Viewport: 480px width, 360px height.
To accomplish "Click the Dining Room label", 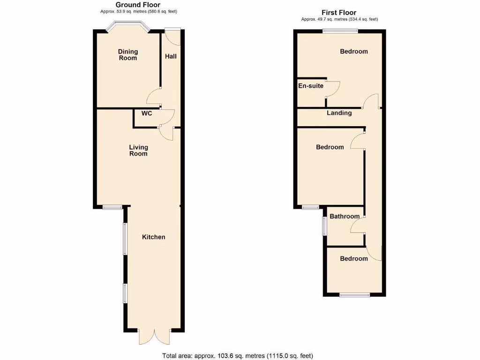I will coord(127,55).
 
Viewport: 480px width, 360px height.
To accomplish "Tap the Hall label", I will coord(171,56).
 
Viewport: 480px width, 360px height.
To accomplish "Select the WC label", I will coord(147,113).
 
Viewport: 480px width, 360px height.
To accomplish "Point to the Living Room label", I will coord(138,150).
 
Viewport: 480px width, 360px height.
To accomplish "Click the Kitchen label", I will coord(154,237).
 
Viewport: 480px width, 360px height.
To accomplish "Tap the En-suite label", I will coord(311,86).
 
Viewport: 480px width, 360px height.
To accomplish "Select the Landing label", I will coord(339,113).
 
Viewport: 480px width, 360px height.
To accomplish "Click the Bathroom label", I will coord(345,217).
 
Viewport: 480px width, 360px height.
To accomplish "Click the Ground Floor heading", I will coord(138,5).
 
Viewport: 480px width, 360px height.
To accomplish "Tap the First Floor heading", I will coord(339,13).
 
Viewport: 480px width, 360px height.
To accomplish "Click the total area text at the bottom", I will coord(237,355).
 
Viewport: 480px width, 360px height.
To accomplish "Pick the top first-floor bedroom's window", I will coord(340,31).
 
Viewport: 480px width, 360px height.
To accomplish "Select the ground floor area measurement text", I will coord(138,11).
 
